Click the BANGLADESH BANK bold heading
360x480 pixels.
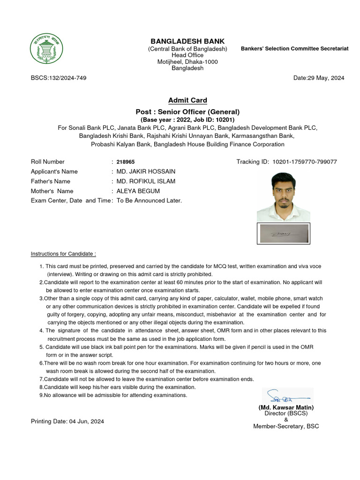(x=187, y=41)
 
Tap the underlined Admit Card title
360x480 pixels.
(x=187, y=100)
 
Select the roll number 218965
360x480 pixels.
(x=126, y=162)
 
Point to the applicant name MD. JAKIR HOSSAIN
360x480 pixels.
(x=146, y=172)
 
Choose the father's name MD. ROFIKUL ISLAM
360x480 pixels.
(x=145, y=181)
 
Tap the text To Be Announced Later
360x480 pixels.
(x=149, y=201)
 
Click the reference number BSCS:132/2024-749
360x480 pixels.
(x=59, y=78)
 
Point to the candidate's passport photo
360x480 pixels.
(x=283, y=197)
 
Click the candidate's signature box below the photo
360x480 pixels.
(x=283, y=233)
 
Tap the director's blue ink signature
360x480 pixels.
(x=286, y=396)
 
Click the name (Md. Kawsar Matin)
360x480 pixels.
(x=286, y=407)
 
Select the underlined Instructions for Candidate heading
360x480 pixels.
(x=63, y=254)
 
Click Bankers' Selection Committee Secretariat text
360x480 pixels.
(x=294, y=49)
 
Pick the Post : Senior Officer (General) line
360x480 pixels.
(x=187, y=112)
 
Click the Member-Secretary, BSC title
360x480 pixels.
(x=286, y=426)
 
